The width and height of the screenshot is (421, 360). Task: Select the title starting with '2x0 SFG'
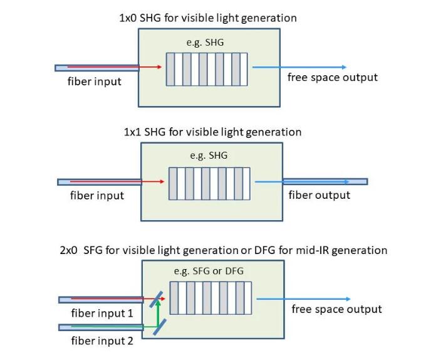(x=223, y=250)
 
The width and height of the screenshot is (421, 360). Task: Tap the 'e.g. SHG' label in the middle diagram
(x=209, y=156)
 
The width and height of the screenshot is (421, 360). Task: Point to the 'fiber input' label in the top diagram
(x=94, y=82)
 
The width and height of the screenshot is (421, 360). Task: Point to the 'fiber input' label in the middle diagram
(x=96, y=196)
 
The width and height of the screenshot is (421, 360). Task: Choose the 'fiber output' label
(x=319, y=195)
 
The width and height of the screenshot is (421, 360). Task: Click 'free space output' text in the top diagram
(x=333, y=78)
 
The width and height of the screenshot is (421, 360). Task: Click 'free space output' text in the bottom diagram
(x=336, y=309)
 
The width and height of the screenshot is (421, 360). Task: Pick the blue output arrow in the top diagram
(x=298, y=67)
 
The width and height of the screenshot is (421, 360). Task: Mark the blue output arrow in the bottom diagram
(x=303, y=299)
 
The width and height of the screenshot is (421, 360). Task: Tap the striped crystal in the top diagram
(x=207, y=68)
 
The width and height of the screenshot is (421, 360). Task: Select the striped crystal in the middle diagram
(x=209, y=183)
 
